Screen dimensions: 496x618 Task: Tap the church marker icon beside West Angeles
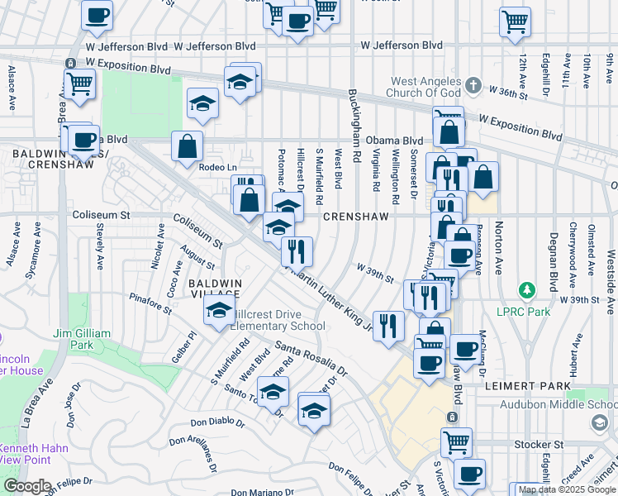pos(473,84)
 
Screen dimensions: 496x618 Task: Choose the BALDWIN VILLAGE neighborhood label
pos(214,289)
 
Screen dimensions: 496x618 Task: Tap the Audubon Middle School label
pos(558,405)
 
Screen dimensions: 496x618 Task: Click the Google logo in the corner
pos(26,486)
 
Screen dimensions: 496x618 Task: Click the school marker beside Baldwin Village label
pos(219,310)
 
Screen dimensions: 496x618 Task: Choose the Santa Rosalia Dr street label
pos(311,356)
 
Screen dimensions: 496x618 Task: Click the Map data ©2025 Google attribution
pos(567,489)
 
